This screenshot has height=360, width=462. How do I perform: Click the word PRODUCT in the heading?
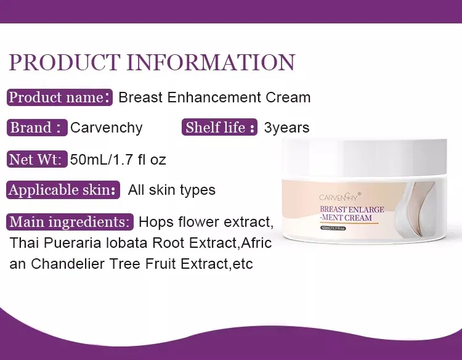65,62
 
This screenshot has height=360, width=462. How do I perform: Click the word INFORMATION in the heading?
211,62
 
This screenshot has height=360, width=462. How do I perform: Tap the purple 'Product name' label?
60,97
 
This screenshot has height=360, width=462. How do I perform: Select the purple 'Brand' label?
37,128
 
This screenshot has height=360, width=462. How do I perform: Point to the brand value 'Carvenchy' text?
107,128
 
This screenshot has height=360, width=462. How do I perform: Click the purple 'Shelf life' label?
219,128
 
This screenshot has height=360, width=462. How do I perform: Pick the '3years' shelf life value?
286,128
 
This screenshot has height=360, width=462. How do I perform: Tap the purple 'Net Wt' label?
37,159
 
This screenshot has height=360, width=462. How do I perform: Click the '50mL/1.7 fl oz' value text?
118,160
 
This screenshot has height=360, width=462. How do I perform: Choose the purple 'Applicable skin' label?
63,190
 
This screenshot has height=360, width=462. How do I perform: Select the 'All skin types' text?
172,190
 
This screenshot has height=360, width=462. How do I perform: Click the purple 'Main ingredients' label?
70,222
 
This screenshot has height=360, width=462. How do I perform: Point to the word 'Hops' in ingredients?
156,223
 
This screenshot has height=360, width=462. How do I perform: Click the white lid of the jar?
365,158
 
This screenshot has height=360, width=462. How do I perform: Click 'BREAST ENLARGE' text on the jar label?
352,210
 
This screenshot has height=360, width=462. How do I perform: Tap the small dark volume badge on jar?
333,228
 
